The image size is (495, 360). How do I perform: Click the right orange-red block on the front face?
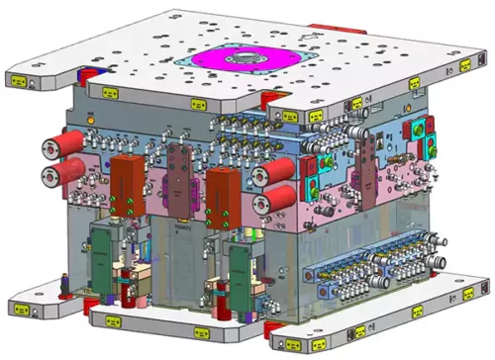tap(223, 187)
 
